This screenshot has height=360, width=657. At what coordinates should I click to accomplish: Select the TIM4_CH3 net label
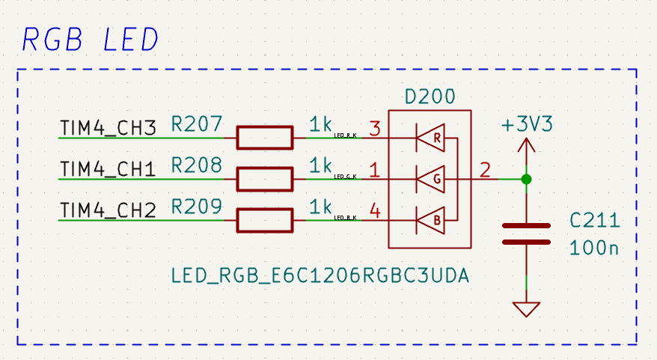click(107, 129)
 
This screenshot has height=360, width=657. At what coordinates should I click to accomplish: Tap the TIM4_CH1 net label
click(107, 170)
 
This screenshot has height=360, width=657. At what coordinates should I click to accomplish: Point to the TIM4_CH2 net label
click(107, 211)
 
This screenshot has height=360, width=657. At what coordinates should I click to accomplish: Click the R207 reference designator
click(196, 124)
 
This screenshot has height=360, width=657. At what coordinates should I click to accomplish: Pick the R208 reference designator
click(196, 165)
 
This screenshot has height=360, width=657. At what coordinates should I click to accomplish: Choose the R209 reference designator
click(196, 207)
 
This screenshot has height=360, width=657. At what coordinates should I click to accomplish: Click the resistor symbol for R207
click(264, 138)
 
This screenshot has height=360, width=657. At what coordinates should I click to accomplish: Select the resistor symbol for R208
click(264, 179)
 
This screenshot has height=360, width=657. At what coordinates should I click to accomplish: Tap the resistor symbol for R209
click(264, 220)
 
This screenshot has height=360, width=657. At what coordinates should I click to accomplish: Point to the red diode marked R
click(430, 138)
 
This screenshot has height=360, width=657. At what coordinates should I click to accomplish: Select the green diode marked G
click(430, 179)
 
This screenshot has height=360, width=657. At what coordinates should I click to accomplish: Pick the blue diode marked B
click(430, 220)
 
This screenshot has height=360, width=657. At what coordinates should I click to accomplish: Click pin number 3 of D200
click(375, 129)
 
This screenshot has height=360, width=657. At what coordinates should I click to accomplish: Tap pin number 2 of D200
click(486, 170)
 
